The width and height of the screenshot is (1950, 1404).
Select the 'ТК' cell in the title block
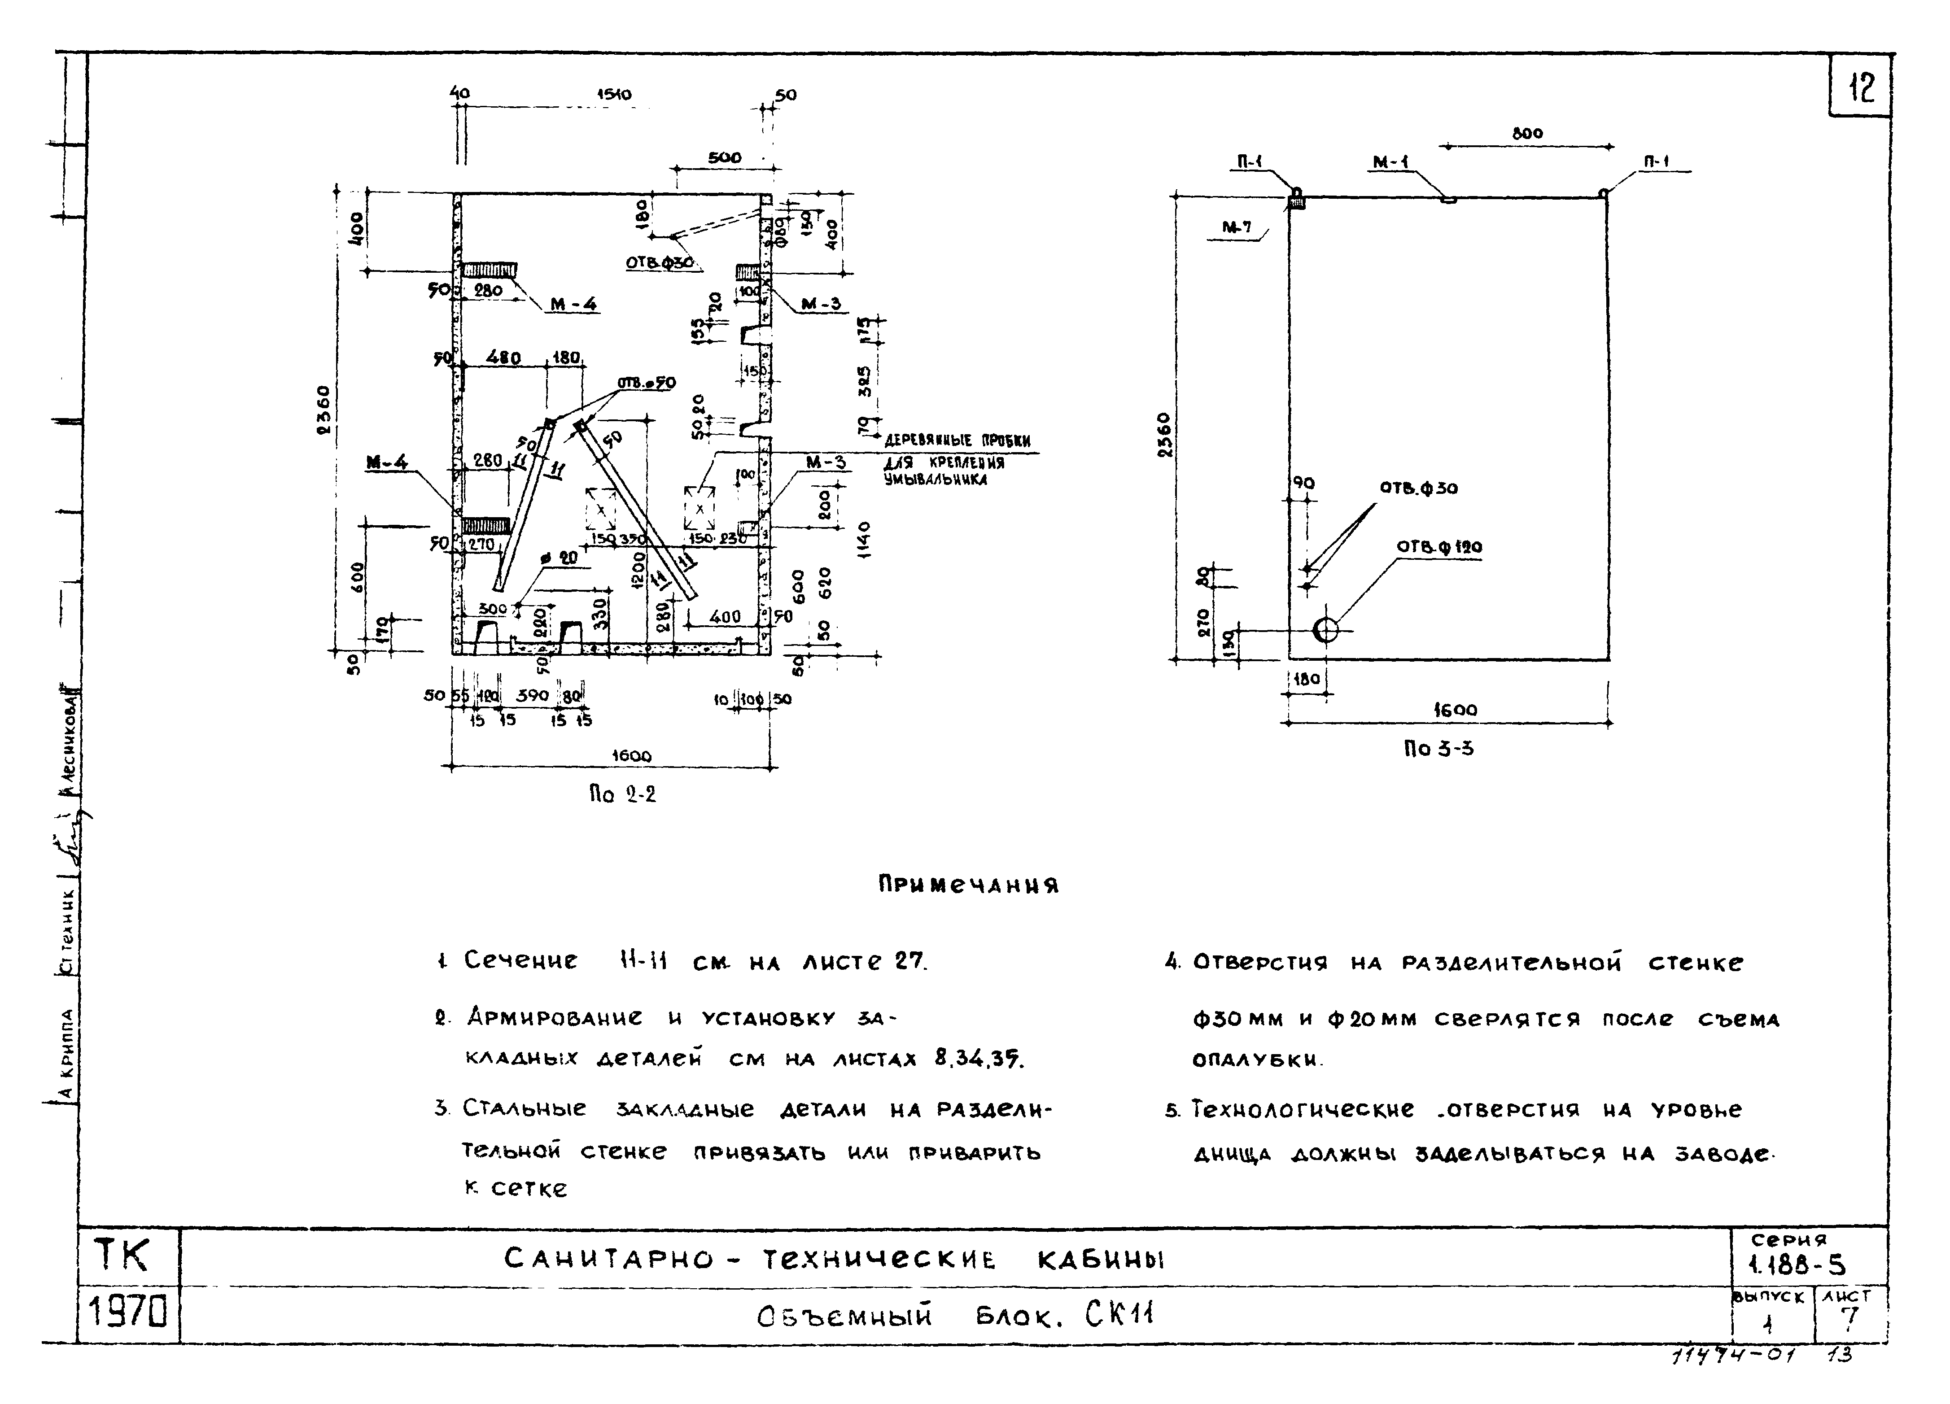pyautogui.click(x=121, y=1256)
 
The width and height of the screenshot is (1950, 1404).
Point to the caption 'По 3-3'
pyautogui.click(x=1438, y=749)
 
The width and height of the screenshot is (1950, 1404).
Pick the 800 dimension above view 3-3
pyautogui.click(x=1527, y=133)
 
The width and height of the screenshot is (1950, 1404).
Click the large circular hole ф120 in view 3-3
pyautogui.click(x=1326, y=630)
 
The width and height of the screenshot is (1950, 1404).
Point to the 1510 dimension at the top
pyautogui.click(x=614, y=94)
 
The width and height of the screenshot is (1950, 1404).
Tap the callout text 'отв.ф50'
pyautogui.click(x=647, y=383)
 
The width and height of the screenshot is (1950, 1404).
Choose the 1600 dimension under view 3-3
pyautogui.click(x=1455, y=710)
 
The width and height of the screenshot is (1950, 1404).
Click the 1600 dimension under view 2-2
pyautogui.click(x=631, y=756)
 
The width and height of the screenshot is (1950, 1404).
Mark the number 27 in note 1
pyautogui.click(x=909, y=960)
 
